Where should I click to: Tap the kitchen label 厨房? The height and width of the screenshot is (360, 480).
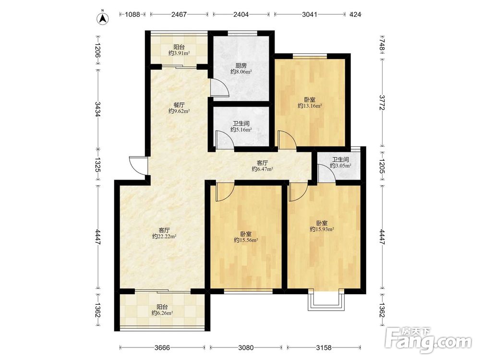tap(241, 65)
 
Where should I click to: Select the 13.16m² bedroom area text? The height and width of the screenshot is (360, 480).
tap(310, 106)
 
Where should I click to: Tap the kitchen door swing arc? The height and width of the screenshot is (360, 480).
tap(220, 88)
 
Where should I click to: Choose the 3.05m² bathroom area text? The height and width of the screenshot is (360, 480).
tap(340, 166)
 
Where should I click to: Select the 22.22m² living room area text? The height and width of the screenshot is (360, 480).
tap(164, 236)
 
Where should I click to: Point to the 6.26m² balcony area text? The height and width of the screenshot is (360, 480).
tap(162, 313)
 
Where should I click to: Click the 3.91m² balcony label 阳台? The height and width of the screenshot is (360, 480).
tap(179, 47)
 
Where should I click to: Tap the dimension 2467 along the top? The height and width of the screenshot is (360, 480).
tap(179, 14)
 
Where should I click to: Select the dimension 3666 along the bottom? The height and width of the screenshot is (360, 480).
tap(162, 348)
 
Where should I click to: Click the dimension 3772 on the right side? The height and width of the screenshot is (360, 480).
tap(382, 103)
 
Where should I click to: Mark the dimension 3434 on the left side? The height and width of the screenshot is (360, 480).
tap(97, 109)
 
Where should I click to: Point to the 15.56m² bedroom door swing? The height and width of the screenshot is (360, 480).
tap(225, 192)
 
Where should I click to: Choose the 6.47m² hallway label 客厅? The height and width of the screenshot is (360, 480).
tap(263, 163)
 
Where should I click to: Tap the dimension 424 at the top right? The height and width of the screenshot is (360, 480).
tap(355, 14)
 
